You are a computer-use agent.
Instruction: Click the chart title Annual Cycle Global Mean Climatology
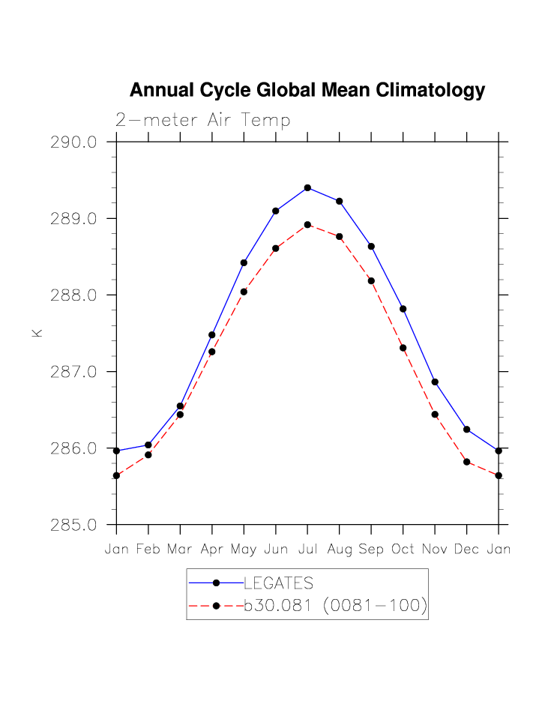pos(307,91)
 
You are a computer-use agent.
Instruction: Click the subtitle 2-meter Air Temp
pos(202,120)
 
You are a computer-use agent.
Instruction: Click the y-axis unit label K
pos(37,332)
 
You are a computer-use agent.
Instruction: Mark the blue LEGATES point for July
pos(307,187)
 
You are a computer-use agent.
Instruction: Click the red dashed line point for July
pos(307,225)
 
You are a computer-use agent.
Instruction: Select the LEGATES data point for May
pos(244,262)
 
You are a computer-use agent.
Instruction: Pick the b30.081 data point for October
pos(403,348)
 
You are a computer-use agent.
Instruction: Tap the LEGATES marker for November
pos(435,382)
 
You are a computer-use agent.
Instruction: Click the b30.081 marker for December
pos(466,462)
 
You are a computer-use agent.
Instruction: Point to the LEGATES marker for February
pos(148,445)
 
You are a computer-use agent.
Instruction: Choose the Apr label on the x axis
pos(212,550)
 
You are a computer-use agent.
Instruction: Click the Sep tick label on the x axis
pos(371,550)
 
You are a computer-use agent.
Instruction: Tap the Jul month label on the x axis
pos(307,550)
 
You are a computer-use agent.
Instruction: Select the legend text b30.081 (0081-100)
pos(335,606)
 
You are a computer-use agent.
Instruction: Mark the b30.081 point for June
pos(276,248)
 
